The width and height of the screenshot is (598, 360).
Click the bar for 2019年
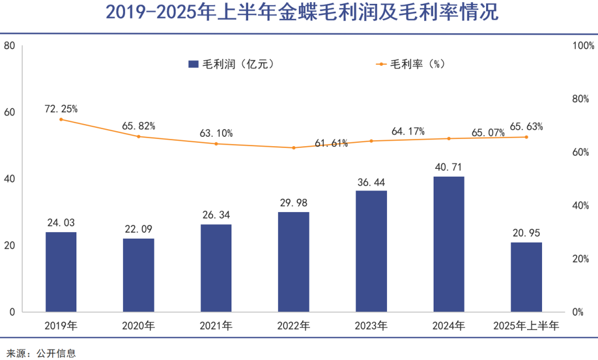61,272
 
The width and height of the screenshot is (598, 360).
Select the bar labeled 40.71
448,244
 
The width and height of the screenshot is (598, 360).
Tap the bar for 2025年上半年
526,277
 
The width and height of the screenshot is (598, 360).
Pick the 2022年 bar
293,262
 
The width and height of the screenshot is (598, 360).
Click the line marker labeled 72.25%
61,119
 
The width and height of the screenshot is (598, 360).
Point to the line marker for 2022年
293,148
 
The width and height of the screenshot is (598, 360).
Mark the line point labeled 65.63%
526,137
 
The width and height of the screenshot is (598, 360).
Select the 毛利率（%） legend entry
410,64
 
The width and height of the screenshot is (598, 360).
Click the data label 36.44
371,182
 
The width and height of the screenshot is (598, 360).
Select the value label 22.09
138,229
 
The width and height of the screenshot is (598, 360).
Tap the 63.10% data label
216,133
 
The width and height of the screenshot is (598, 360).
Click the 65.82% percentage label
138,126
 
